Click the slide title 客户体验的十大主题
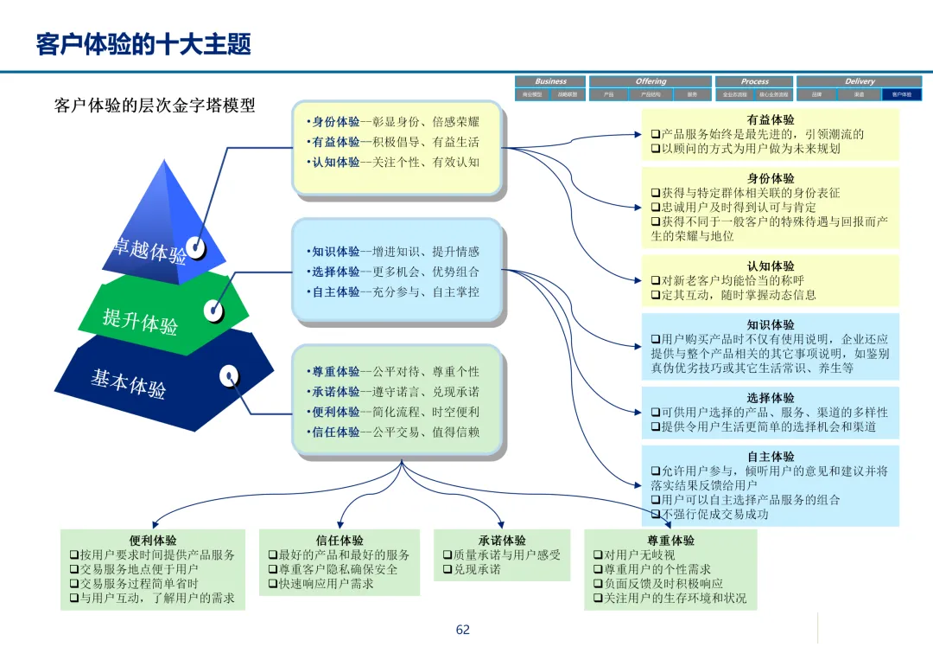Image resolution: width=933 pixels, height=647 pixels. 143,44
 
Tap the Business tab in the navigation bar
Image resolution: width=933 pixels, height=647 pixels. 550,81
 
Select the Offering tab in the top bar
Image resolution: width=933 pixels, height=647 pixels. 651,81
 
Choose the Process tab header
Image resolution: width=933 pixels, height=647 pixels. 754,81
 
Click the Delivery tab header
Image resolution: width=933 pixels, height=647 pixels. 859,81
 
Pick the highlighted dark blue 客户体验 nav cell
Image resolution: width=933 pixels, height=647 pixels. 901,94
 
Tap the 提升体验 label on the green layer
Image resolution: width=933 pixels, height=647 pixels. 140,321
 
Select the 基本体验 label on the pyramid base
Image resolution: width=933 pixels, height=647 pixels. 128,381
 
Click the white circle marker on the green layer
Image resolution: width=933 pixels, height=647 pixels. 213,310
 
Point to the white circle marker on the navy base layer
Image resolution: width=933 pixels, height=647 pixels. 229,376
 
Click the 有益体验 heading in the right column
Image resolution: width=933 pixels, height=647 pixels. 771,120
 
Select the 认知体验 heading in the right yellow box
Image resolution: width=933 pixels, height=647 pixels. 771,266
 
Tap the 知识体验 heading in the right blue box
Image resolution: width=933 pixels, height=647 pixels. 771,325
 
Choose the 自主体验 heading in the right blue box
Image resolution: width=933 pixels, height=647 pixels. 771,457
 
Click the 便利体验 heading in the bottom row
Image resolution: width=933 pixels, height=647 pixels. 153,541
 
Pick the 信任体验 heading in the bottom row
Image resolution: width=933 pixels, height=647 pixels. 340,541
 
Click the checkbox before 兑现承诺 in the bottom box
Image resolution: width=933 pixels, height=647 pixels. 447,569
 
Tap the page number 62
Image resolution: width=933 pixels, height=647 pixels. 463,630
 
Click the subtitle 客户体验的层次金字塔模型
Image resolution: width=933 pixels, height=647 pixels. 155,106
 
